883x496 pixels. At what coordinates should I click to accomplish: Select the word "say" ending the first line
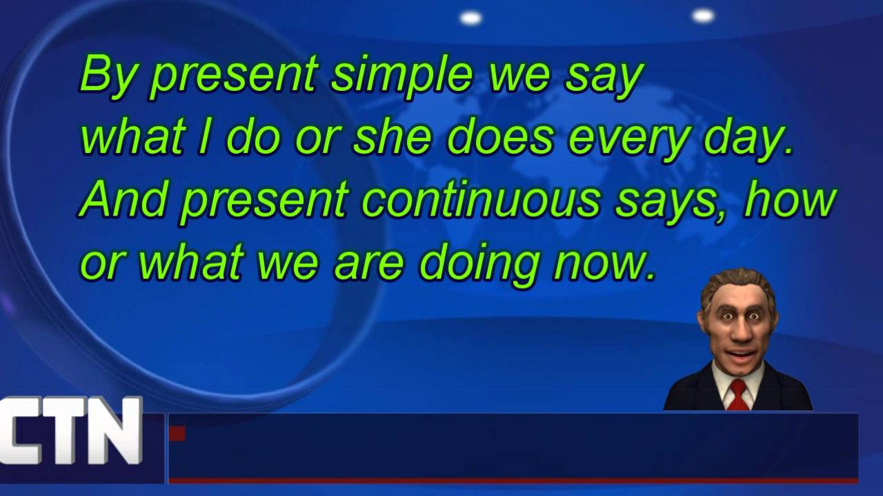[604, 76]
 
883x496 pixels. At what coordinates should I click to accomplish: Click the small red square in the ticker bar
[177, 433]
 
